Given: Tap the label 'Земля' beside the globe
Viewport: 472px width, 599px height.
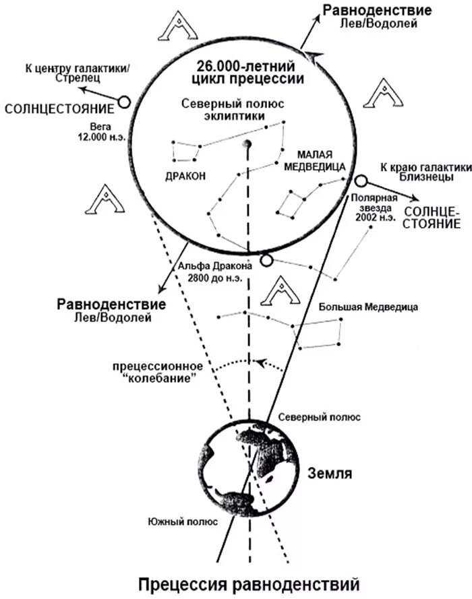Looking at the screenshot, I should (x=331, y=472).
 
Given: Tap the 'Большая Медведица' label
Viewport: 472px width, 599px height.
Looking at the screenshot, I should (x=368, y=307).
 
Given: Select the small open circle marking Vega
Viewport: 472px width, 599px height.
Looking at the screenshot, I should (x=124, y=102).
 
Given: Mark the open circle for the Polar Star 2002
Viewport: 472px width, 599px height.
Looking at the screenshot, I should (x=361, y=181).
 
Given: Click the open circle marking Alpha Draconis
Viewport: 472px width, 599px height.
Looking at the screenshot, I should (x=266, y=260).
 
